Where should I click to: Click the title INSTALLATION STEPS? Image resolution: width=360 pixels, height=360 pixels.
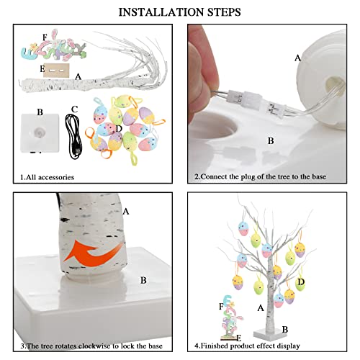point(180,12)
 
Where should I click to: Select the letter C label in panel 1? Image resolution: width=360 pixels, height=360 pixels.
point(73,109)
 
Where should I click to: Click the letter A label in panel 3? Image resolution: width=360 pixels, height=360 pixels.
point(126,211)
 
